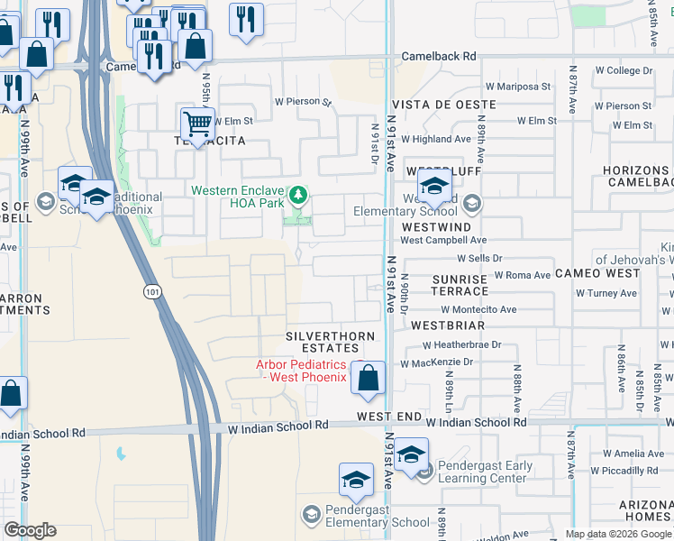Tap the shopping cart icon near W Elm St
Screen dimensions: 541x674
[197, 123]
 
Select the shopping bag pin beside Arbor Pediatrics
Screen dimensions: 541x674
[369, 378]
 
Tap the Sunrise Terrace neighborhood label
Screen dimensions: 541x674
[459, 286]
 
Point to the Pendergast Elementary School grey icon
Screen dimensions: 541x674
[311, 514]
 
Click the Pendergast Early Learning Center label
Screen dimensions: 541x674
[485, 472]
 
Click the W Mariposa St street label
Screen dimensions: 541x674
[517, 87]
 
